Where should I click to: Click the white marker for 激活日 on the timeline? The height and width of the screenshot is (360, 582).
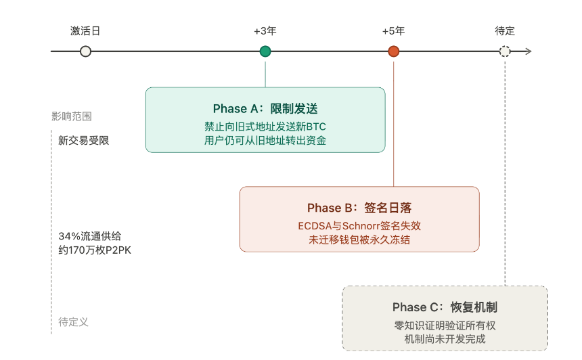click(85, 51)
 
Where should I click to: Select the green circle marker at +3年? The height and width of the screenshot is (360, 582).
click(265, 51)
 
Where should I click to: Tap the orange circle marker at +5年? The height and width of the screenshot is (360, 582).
click(393, 51)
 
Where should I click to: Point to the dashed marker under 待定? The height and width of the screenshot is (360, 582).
click(504, 51)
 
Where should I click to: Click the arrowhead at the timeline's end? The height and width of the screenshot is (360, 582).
click(529, 51)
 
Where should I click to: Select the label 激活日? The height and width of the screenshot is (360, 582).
click(85, 31)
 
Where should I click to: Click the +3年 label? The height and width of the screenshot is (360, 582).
click(265, 31)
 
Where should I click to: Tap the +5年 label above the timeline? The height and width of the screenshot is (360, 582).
click(393, 31)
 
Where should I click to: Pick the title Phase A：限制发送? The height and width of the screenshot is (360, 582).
click(265, 109)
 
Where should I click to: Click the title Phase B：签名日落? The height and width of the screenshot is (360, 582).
click(359, 208)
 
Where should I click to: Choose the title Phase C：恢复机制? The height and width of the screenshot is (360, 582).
click(445, 307)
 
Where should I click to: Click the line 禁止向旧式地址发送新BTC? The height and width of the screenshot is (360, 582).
click(265, 127)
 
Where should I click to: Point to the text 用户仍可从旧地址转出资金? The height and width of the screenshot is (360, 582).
click(265, 141)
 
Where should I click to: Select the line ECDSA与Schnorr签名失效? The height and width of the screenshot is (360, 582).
click(359, 225)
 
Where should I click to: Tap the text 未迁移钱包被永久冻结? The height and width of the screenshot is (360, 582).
click(359, 240)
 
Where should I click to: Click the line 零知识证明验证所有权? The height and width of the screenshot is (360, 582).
click(445, 325)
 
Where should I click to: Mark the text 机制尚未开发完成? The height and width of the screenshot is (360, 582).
click(445, 339)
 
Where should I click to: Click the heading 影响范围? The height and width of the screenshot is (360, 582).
click(71, 116)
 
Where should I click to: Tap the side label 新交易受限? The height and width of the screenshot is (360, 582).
click(83, 141)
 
